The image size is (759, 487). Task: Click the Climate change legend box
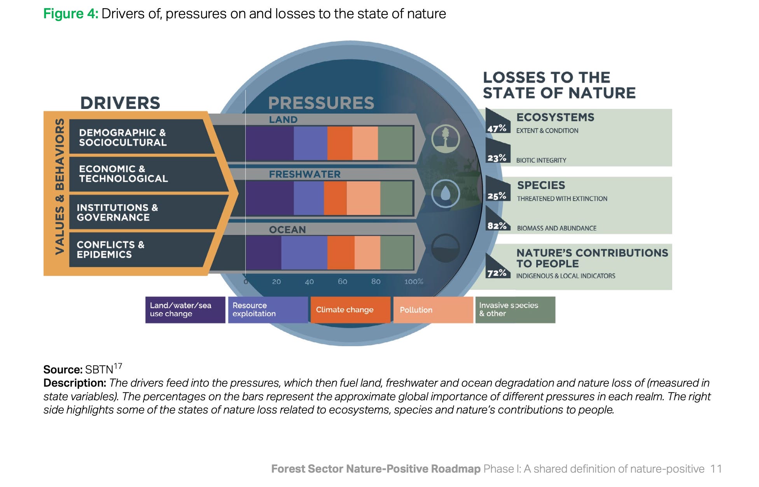[x=350, y=310]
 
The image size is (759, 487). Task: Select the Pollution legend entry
[x=433, y=310]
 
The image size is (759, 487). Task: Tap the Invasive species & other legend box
[x=515, y=310]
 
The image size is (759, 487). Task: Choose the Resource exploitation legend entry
[x=268, y=310]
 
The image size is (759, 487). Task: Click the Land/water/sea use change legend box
[x=185, y=310]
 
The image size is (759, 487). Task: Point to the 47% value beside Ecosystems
[x=497, y=128]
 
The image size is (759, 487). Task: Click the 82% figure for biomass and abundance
[x=497, y=226]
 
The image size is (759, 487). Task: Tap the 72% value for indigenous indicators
[x=497, y=273]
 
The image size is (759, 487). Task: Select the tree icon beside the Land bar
[x=446, y=138]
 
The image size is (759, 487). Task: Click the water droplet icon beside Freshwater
[x=446, y=193]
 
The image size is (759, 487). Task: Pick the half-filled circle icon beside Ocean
[x=446, y=248]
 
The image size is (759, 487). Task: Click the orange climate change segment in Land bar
[x=339, y=143]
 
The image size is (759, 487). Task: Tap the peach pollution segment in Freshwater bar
[x=363, y=198]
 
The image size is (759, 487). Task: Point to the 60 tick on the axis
[x=342, y=281]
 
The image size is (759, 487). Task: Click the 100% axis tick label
[x=413, y=281]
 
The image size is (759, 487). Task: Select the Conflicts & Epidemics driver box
[x=136, y=249]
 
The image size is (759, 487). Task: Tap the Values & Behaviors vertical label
[x=59, y=187]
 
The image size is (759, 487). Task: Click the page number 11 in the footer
[x=716, y=469]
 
